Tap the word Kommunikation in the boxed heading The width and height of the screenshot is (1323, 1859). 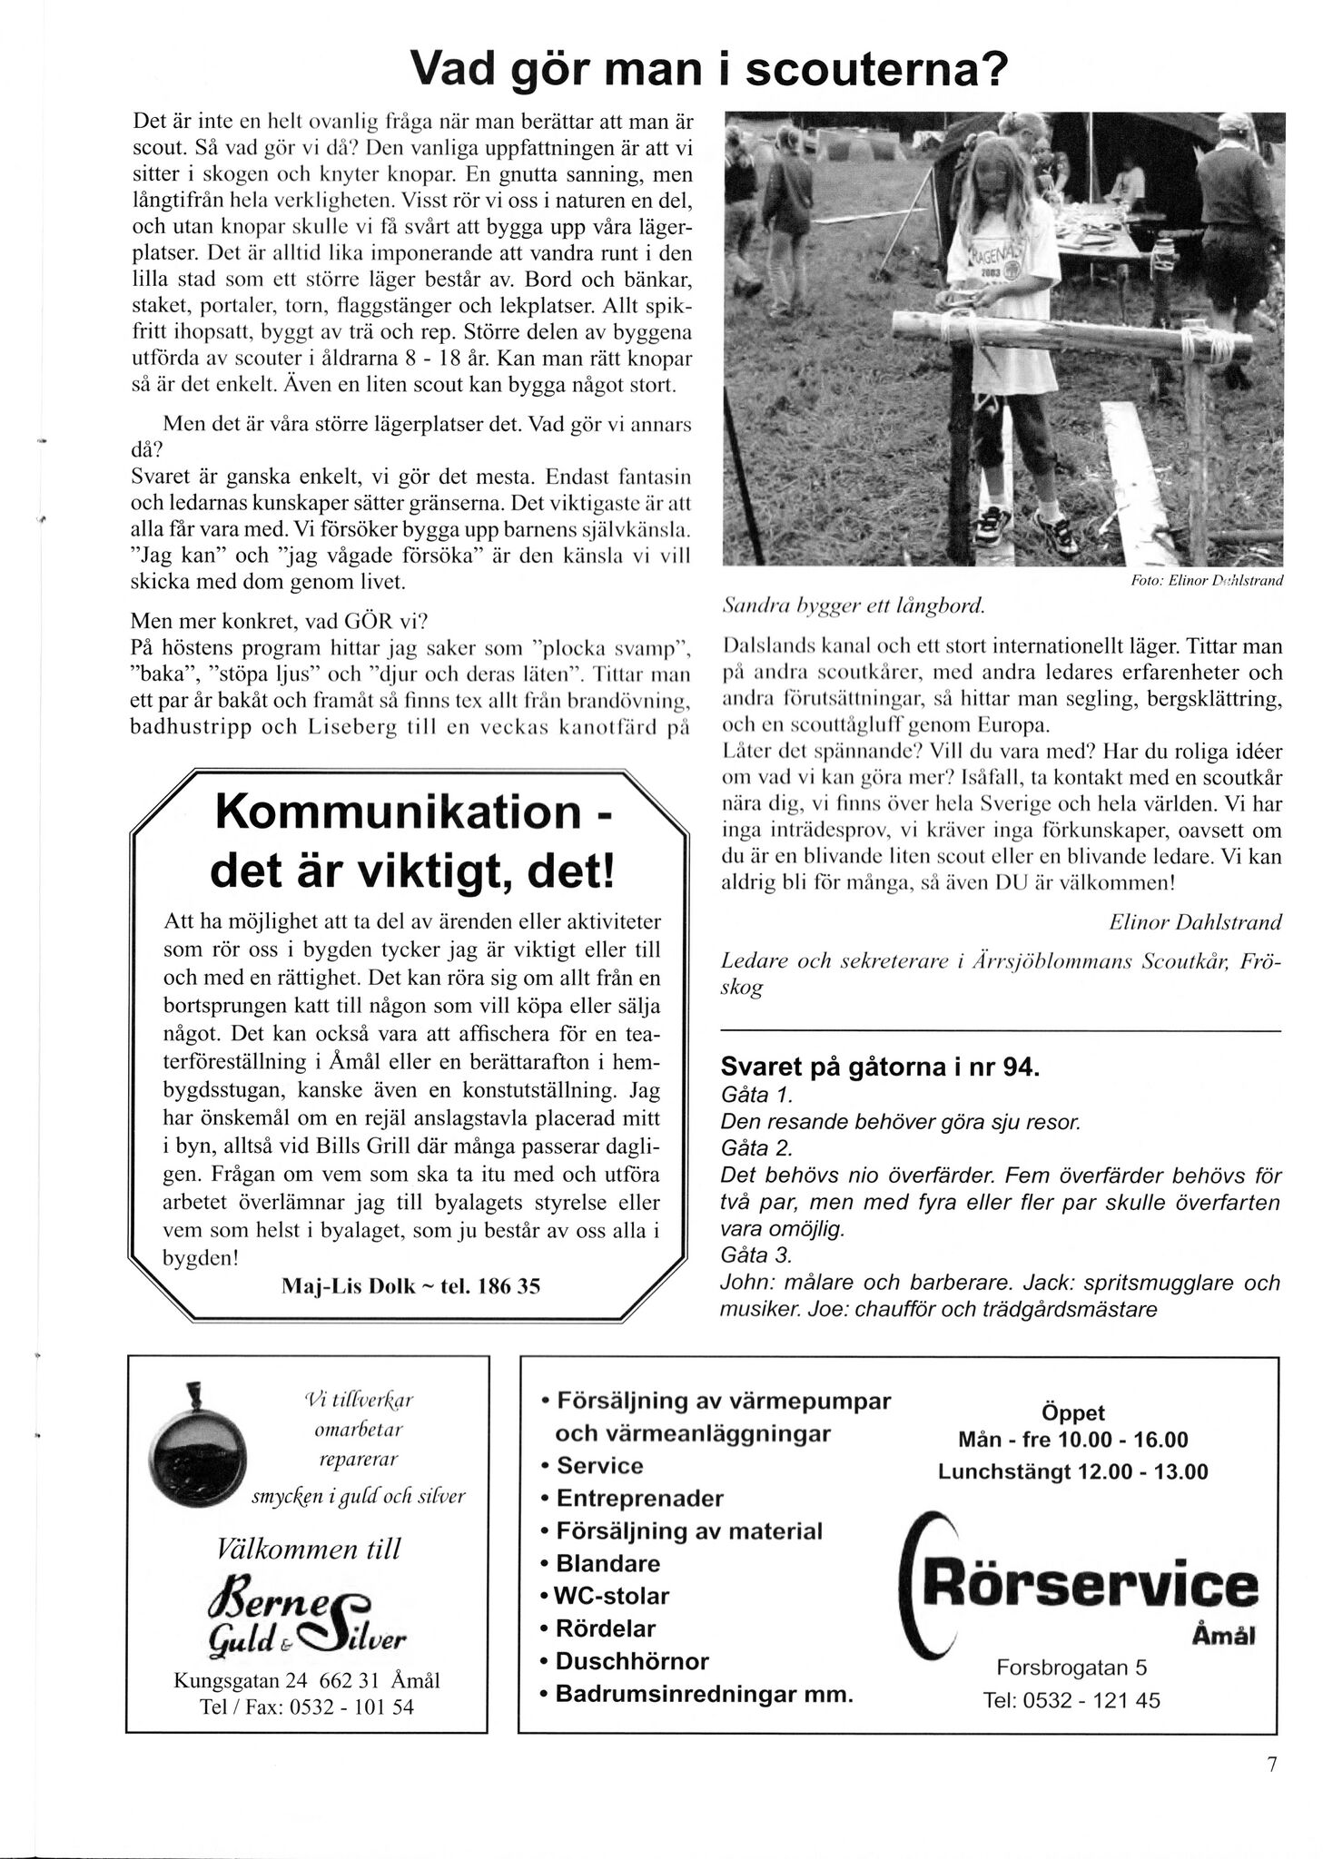pyautogui.click(x=397, y=811)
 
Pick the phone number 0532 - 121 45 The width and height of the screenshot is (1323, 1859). pyautogui.click(x=1071, y=1700)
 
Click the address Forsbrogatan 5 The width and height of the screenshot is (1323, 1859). pyautogui.click(x=1071, y=1667)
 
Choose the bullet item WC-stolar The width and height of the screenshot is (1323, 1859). pyautogui.click(x=611, y=1596)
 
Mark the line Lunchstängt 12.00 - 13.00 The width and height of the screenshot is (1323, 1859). pyautogui.click(x=1072, y=1471)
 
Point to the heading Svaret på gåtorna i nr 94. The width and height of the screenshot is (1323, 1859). pyautogui.click(x=879, y=1067)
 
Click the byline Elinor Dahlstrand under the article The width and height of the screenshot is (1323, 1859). pyautogui.click(x=1195, y=922)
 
